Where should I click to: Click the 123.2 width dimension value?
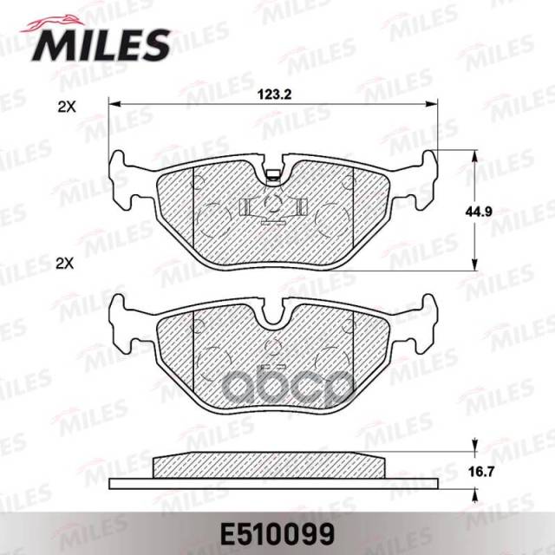tap(274, 95)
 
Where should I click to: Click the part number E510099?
tap(277, 534)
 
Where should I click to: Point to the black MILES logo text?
tap(101, 45)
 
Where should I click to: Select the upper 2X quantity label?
tap(67, 107)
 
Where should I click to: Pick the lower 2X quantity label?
tap(65, 264)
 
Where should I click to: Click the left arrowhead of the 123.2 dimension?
tap(114, 104)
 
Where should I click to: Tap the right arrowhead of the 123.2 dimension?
tap(432, 104)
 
